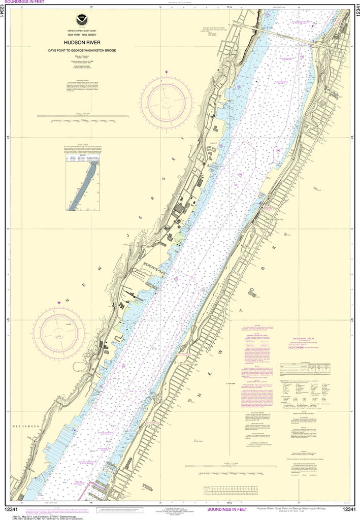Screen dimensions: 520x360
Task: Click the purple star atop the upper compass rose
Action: pos(167,73)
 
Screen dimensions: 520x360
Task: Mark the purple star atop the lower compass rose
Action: pos(59,303)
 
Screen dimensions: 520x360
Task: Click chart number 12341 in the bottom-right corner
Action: pos(349,509)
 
